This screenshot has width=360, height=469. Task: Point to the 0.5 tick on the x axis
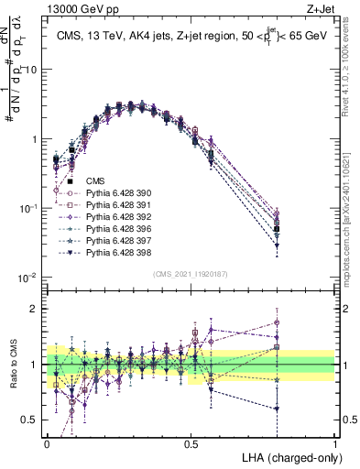[191, 443]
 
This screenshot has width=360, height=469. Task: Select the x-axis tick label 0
[47, 443]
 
